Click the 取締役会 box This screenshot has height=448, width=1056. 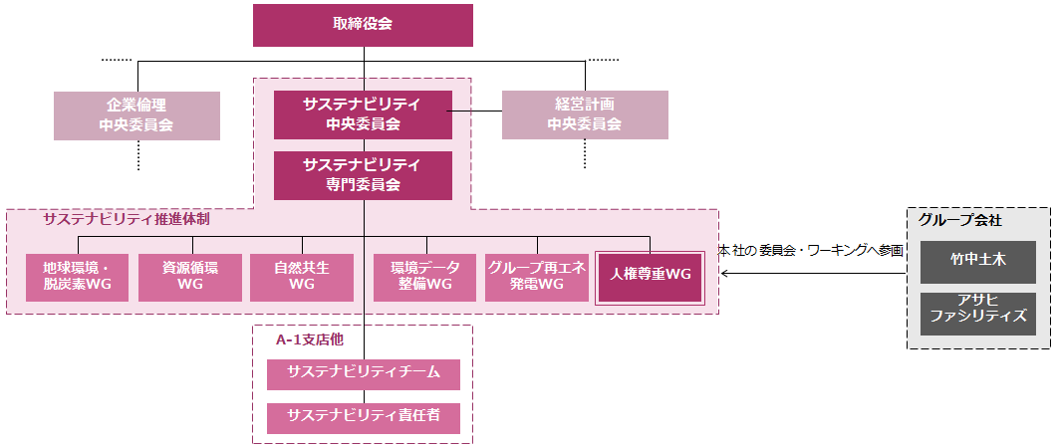[x=363, y=25]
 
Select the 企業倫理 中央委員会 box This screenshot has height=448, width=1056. [x=136, y=114]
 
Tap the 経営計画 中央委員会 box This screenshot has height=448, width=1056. [x=585, y=114]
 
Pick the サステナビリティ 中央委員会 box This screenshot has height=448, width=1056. [x=363, y=114]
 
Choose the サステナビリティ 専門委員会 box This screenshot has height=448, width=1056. [x=363, y=175]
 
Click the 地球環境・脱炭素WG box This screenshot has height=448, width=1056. [x=77, y=278]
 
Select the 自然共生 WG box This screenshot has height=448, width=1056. [x=301, y=278]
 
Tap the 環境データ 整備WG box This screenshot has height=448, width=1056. [x=425, y=278]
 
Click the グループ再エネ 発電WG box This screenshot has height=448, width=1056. [x=537, y=278]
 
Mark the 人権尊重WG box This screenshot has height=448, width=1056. [x=650, y=274]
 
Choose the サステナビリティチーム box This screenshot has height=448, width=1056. [x=364, y=374]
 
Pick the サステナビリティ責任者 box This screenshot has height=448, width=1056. [x=364, y=418]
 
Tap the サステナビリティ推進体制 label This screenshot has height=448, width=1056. [x=126, y=219]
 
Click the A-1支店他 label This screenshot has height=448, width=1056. [x=309, y=339]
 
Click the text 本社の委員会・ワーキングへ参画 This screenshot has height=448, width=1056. [x=810, y=251]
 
